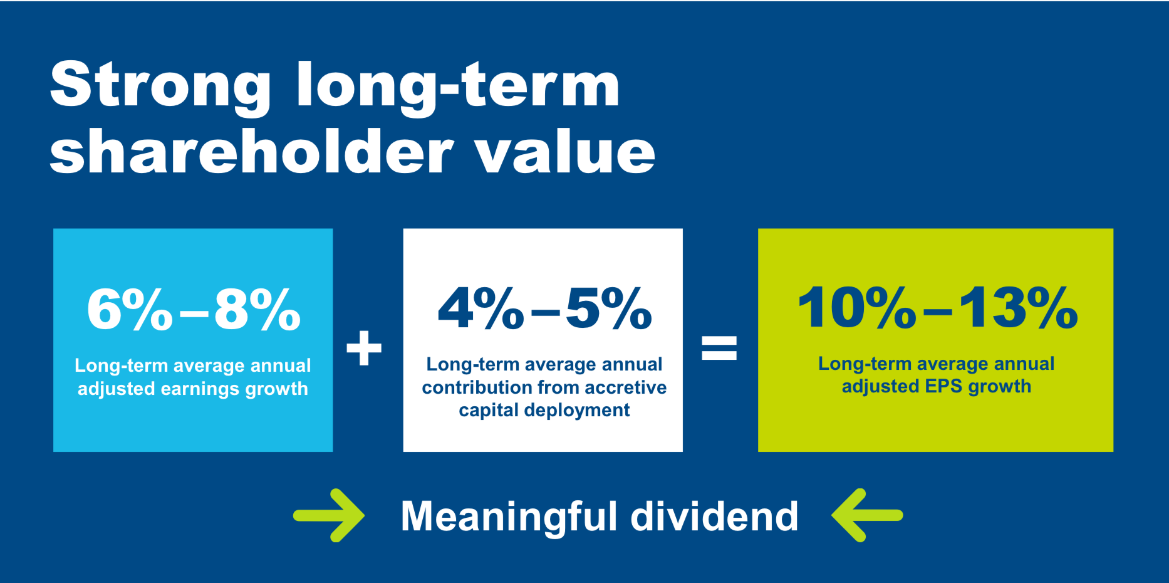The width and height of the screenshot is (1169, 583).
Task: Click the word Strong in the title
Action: tap(161, 87)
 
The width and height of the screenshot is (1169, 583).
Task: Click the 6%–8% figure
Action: tap(194, 308)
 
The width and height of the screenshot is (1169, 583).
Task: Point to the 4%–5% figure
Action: tap(544, 308)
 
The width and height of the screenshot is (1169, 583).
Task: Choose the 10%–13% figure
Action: tap(937, 307)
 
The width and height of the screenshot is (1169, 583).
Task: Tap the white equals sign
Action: tap(719, 347)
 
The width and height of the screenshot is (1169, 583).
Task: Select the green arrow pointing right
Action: tap(329, 515)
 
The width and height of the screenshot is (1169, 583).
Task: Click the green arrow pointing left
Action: tap(867, 515)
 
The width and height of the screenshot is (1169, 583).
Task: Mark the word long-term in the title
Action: tap(458, 87)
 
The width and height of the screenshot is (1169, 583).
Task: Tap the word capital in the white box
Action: tap(489, 411)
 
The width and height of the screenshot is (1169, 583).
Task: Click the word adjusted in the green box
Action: tap(880, 387)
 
